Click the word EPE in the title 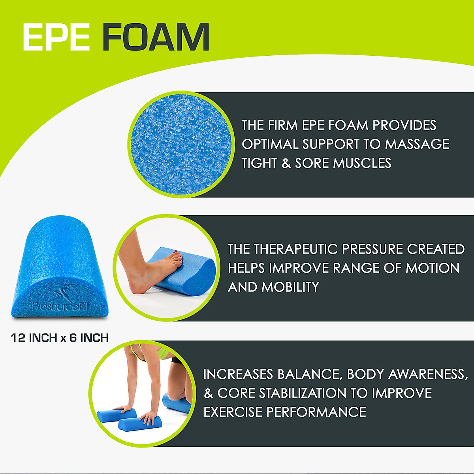tap(56, 38)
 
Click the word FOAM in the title tap(156, 38)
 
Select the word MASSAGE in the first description tap(417, 144)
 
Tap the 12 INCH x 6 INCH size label tap(60, 338)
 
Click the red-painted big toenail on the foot tap(180, 260)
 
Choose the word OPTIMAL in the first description tap(270, 144)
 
